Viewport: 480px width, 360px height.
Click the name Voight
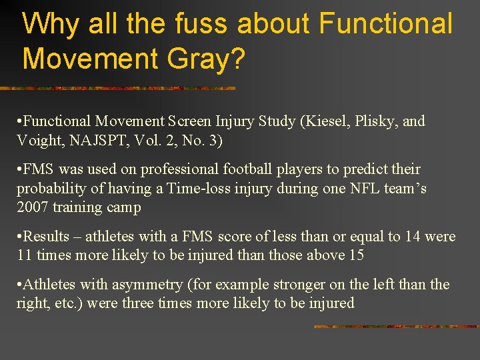pos(40,140)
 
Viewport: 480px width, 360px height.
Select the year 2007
pos(32,207)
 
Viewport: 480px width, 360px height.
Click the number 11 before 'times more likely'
pos(25,255)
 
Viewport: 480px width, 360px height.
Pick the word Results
pos(47,237)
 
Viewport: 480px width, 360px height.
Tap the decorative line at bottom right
pos(396,327)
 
